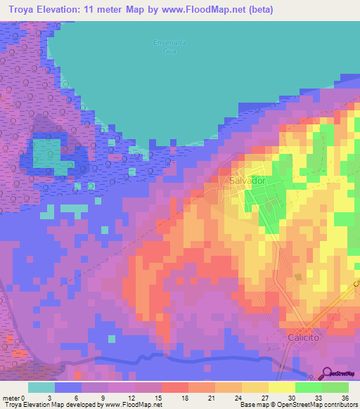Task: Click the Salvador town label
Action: point(247,181)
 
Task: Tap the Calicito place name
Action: point(304,337)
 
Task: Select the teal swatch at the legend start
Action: point(41,387)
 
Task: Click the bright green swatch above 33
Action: point(308,387)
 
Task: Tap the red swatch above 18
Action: point(174,387)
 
